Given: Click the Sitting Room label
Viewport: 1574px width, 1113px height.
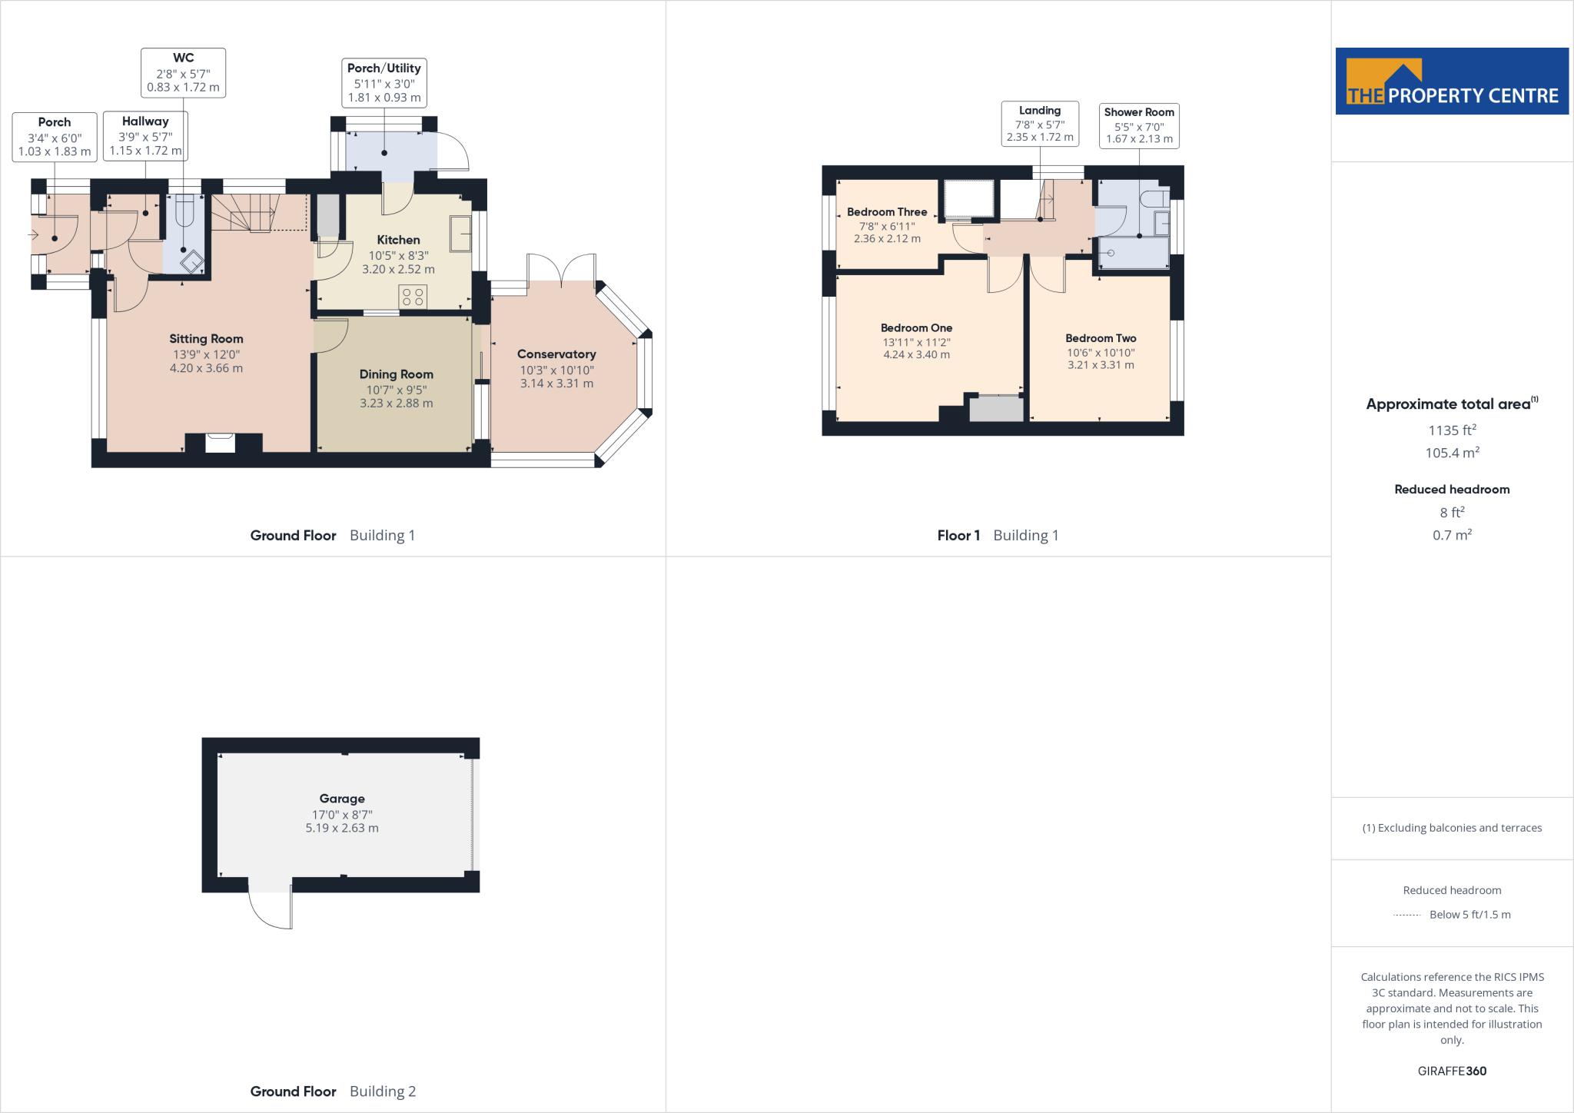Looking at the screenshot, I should pos(206,339).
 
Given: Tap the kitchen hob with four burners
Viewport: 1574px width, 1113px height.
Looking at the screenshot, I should pos(413,297).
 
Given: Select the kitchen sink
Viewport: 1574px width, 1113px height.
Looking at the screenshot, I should pos(460,233).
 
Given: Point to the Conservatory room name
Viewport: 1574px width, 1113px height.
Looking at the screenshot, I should pos(556,354).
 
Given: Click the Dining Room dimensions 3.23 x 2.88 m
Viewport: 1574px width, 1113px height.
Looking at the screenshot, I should pos(396,404).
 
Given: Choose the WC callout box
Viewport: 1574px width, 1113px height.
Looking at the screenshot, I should pos(183,73).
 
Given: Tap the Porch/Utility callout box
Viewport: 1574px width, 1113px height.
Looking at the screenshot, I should pos(384,83).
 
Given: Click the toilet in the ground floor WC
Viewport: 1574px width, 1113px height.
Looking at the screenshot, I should pos(184,211).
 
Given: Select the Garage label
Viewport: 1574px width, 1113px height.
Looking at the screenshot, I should pos(342,799).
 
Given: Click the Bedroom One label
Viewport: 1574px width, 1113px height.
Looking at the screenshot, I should pos(916,328).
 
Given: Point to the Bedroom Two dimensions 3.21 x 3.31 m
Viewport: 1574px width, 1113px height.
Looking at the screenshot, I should pos(1101,365).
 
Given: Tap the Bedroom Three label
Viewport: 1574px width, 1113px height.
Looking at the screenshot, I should pos(887,212).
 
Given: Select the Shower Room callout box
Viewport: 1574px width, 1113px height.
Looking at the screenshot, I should pos(1139,125).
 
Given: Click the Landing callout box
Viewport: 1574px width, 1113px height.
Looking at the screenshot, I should pos(1040,124).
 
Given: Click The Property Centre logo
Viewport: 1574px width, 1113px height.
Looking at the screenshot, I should pos(1452,81).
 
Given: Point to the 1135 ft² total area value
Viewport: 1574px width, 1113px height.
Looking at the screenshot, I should pos(1452,430).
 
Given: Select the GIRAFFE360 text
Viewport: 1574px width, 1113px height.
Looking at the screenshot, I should pos(1452,1071).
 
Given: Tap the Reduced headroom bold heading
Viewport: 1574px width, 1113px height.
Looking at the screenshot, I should pos(1452,490).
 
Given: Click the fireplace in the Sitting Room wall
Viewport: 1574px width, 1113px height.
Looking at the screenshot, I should pos(220,443).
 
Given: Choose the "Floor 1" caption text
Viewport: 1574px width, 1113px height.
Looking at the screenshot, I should pos(958,536).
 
